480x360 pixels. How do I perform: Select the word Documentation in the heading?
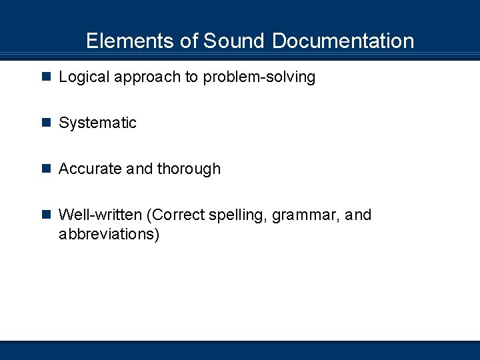point(343,41)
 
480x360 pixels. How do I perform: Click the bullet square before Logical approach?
point(46,77)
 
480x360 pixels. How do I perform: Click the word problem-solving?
point(259,77)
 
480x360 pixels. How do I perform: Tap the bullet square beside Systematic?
point(46,123)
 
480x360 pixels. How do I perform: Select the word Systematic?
point(97,123)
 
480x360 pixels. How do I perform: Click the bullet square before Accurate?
point(46,169)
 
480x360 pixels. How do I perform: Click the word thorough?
point(189,169)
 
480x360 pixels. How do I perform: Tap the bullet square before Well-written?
point(46,215)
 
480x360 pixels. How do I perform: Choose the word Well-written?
point(100,215)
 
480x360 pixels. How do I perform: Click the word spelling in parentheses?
point(239,215)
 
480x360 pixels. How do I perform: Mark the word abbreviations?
point(109,235)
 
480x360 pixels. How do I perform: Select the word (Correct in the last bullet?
point(176,215)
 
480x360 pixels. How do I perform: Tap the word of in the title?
point(189,41)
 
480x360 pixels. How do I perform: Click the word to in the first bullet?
point(191,77)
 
